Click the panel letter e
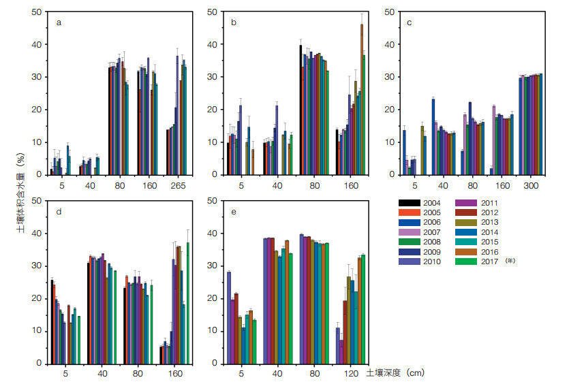234,212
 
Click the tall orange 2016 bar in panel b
361,99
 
